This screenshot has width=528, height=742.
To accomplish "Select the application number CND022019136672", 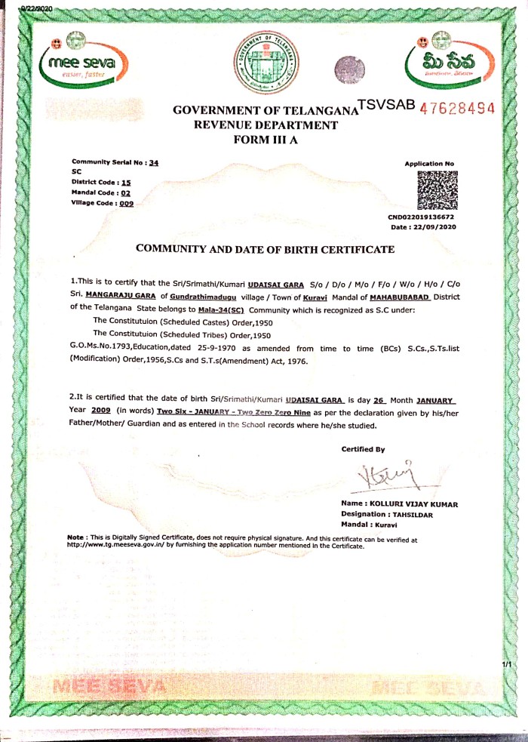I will click(422, 217).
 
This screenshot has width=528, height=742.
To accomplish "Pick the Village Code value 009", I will click(127, 203).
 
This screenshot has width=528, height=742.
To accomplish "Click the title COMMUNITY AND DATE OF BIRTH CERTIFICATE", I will click(264, 248).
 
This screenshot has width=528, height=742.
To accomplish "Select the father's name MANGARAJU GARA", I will click(121, 294).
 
